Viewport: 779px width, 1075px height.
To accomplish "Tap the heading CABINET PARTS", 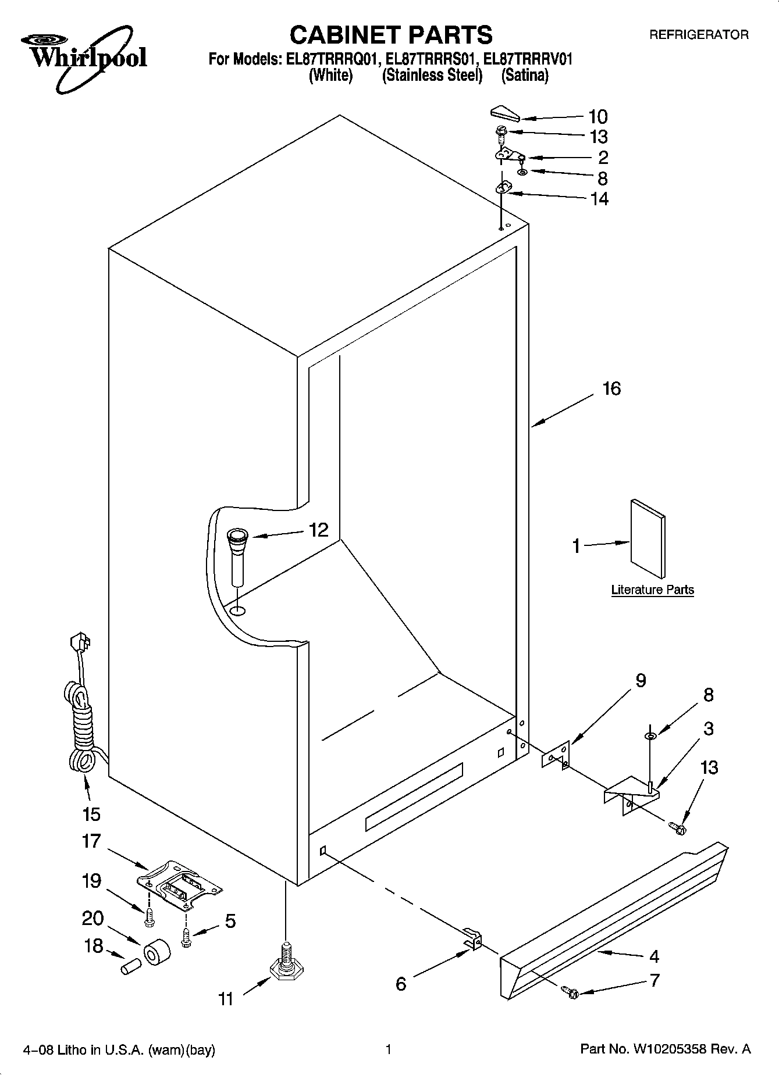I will pyautogui.click(x=390, y=35).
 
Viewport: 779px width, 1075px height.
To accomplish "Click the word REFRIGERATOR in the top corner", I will pyautogui.click(x=698, y=35).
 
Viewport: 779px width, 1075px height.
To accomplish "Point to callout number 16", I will pyautogui.click(x=611, y=388).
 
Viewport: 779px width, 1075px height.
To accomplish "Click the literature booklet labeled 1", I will pyautogui.click(x=648, y=538).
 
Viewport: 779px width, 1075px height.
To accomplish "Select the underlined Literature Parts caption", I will pyautogui.click(x=652, y=590).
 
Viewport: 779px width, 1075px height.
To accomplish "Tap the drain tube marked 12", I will pyautogui.click(x=237, y=555).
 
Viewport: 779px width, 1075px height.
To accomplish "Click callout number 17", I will pyautogui.click(x=92, y=841).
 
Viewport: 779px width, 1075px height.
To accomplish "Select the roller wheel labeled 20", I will pyautogui.click(x=156, y=952).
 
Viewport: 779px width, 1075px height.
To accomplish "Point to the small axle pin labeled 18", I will pyautogui.click(x=131, y=966).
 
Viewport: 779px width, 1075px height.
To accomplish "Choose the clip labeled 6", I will pyautogui.click(x=474, y=938).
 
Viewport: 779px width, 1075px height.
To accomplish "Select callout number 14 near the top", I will pyautogui.click(x=599, y=199).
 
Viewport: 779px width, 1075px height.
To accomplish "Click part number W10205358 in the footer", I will pyautogui.click(x=673, y=1049).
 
